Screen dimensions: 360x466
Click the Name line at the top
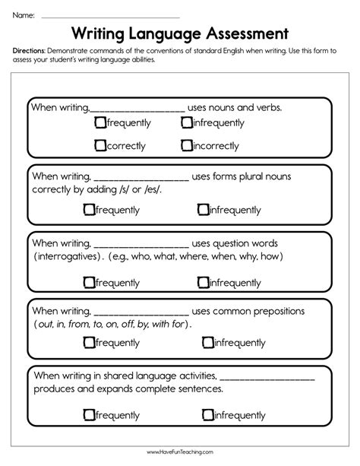[110, 15]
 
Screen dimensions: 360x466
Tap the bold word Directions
[30, 51]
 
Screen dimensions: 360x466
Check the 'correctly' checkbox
[99, 144]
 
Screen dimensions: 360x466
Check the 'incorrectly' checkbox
[186, 144]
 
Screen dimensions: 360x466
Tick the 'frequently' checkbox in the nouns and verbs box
[99, 122]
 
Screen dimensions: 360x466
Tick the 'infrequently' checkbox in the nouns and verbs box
[186, 122]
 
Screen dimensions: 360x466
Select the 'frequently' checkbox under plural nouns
[89, 209]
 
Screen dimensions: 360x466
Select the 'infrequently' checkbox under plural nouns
[202, 209]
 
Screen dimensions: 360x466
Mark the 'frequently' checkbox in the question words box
[89, 282]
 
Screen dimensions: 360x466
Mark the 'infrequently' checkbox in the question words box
[202, 282]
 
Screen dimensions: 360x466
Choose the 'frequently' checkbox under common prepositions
[89, 342]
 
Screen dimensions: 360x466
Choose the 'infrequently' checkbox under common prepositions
[207, 342]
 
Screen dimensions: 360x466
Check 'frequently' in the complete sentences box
[89, 415]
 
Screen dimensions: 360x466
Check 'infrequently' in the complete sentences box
[207, 415]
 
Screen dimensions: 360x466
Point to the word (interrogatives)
[68, 257]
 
